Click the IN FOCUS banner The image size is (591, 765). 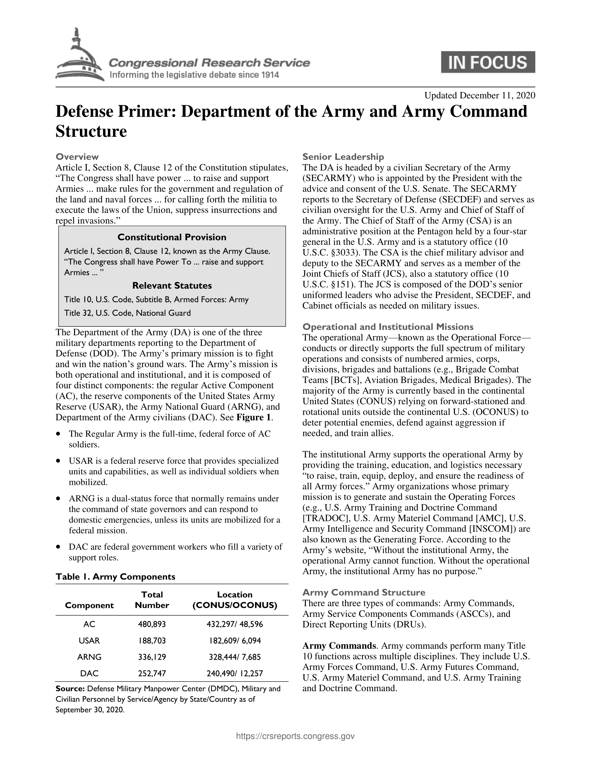(x=488, y=62)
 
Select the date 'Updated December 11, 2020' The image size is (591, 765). (x=479, y=95)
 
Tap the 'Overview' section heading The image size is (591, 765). (x=77, y=156)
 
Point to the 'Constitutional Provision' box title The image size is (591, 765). (x=172, y=238)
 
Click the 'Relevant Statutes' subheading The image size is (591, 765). (x=172, y=286)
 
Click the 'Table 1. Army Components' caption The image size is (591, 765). (x=115, y=577)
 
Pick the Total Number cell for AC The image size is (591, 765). (x=152, y=624)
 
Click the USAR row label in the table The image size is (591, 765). (x=89, y=641)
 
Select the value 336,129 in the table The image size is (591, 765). (x=152, y=657)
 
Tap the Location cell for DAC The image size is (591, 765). (x=235, y=673)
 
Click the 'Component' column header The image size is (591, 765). (x=89, y=605)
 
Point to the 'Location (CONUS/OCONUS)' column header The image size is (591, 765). (x=235, y=600)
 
